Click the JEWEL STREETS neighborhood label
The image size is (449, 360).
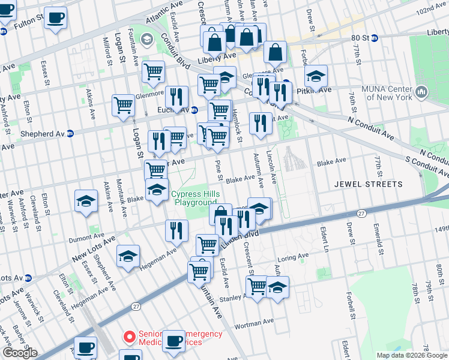(x=367, y=184)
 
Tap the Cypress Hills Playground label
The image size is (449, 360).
(x=195, y=199)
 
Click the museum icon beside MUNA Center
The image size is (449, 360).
(x=421, y=92)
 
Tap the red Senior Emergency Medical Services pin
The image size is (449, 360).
(x=127, y=337)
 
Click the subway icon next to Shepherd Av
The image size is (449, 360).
(x=70, y=133)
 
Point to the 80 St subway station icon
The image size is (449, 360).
(x=374, y=38)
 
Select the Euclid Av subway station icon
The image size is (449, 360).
(x=194, y=110)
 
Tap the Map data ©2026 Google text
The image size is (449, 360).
(x=411, y=355)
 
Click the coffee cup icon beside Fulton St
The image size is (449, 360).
(x=56, y=18)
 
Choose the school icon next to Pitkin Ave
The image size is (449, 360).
(x=315, y=77)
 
